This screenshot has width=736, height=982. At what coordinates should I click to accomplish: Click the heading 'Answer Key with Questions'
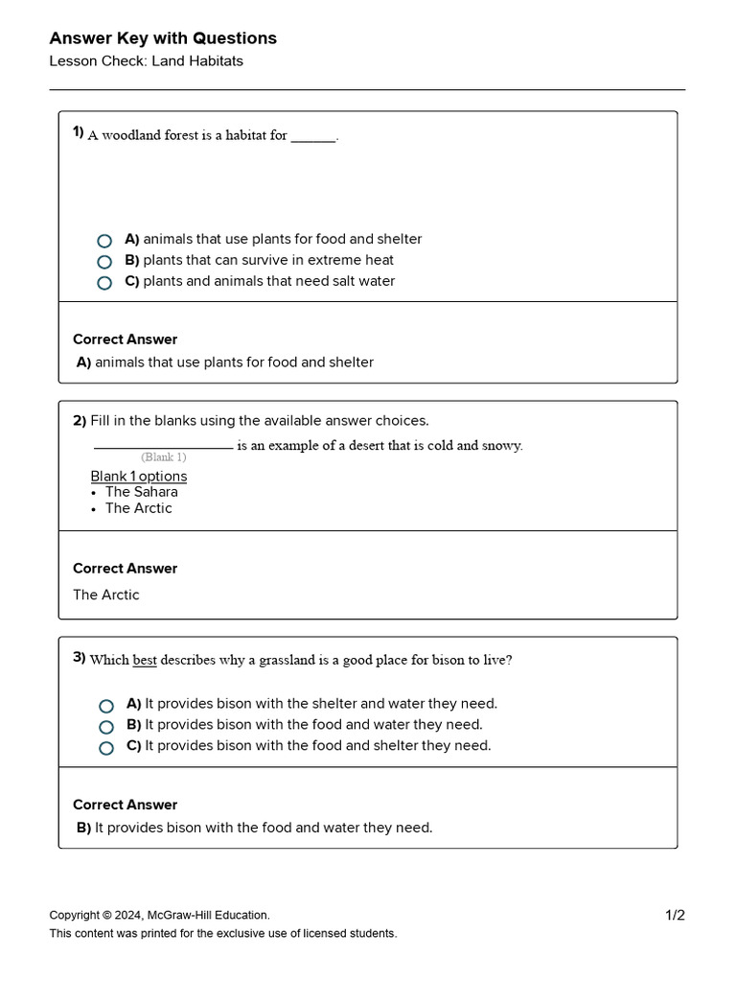(163, 38)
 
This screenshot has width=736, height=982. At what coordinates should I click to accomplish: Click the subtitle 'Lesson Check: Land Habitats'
(146, 61)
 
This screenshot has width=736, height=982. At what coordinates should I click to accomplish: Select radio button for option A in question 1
(104, 241)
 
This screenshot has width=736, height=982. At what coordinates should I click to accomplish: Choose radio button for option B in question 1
(104, 262)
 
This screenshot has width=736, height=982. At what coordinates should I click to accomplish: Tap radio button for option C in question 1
(104, 283)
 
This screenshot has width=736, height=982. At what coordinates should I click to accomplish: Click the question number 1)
(79, 132)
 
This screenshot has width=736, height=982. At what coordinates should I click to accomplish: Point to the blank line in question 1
(313, 137)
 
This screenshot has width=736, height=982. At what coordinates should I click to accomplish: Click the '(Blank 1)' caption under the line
(163, 457)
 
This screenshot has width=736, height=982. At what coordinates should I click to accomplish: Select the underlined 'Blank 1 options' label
(139, 477)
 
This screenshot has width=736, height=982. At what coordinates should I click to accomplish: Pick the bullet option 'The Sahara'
(141, 492)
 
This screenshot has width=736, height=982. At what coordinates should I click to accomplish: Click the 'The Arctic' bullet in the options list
(138, 508)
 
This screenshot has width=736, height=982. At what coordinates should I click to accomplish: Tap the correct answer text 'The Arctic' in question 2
(106, 595)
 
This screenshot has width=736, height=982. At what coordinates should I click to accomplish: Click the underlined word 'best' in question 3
(145, 660)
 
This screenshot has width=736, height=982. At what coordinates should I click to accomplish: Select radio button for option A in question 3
(106, 706)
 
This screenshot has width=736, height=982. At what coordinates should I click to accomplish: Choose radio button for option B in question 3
(106, 727)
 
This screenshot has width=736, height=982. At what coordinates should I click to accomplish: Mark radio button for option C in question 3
(106, 748)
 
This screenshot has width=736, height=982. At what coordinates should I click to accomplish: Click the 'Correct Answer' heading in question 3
(126, 805)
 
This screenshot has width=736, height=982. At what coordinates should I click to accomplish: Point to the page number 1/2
(675, 915)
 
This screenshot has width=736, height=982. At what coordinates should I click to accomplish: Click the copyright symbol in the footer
(107, 915)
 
